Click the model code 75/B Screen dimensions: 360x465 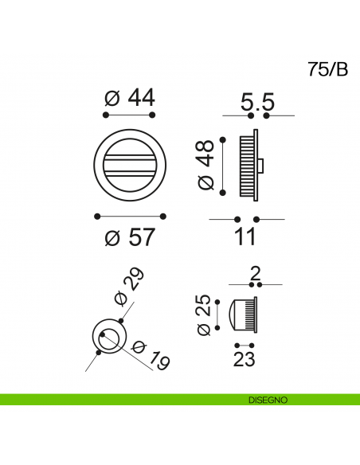point(327,69)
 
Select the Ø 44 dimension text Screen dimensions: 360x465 point(130,98)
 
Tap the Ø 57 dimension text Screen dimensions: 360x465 point(130,236)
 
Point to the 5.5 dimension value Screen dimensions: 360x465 point(257,102)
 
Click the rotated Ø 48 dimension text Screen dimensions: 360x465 point(205,165)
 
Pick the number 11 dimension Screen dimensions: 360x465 point(245,236)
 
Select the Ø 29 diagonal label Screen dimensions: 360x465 point(130,286)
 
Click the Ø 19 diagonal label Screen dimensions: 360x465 point(151,355)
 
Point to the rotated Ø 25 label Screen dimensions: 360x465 point(204,315)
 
